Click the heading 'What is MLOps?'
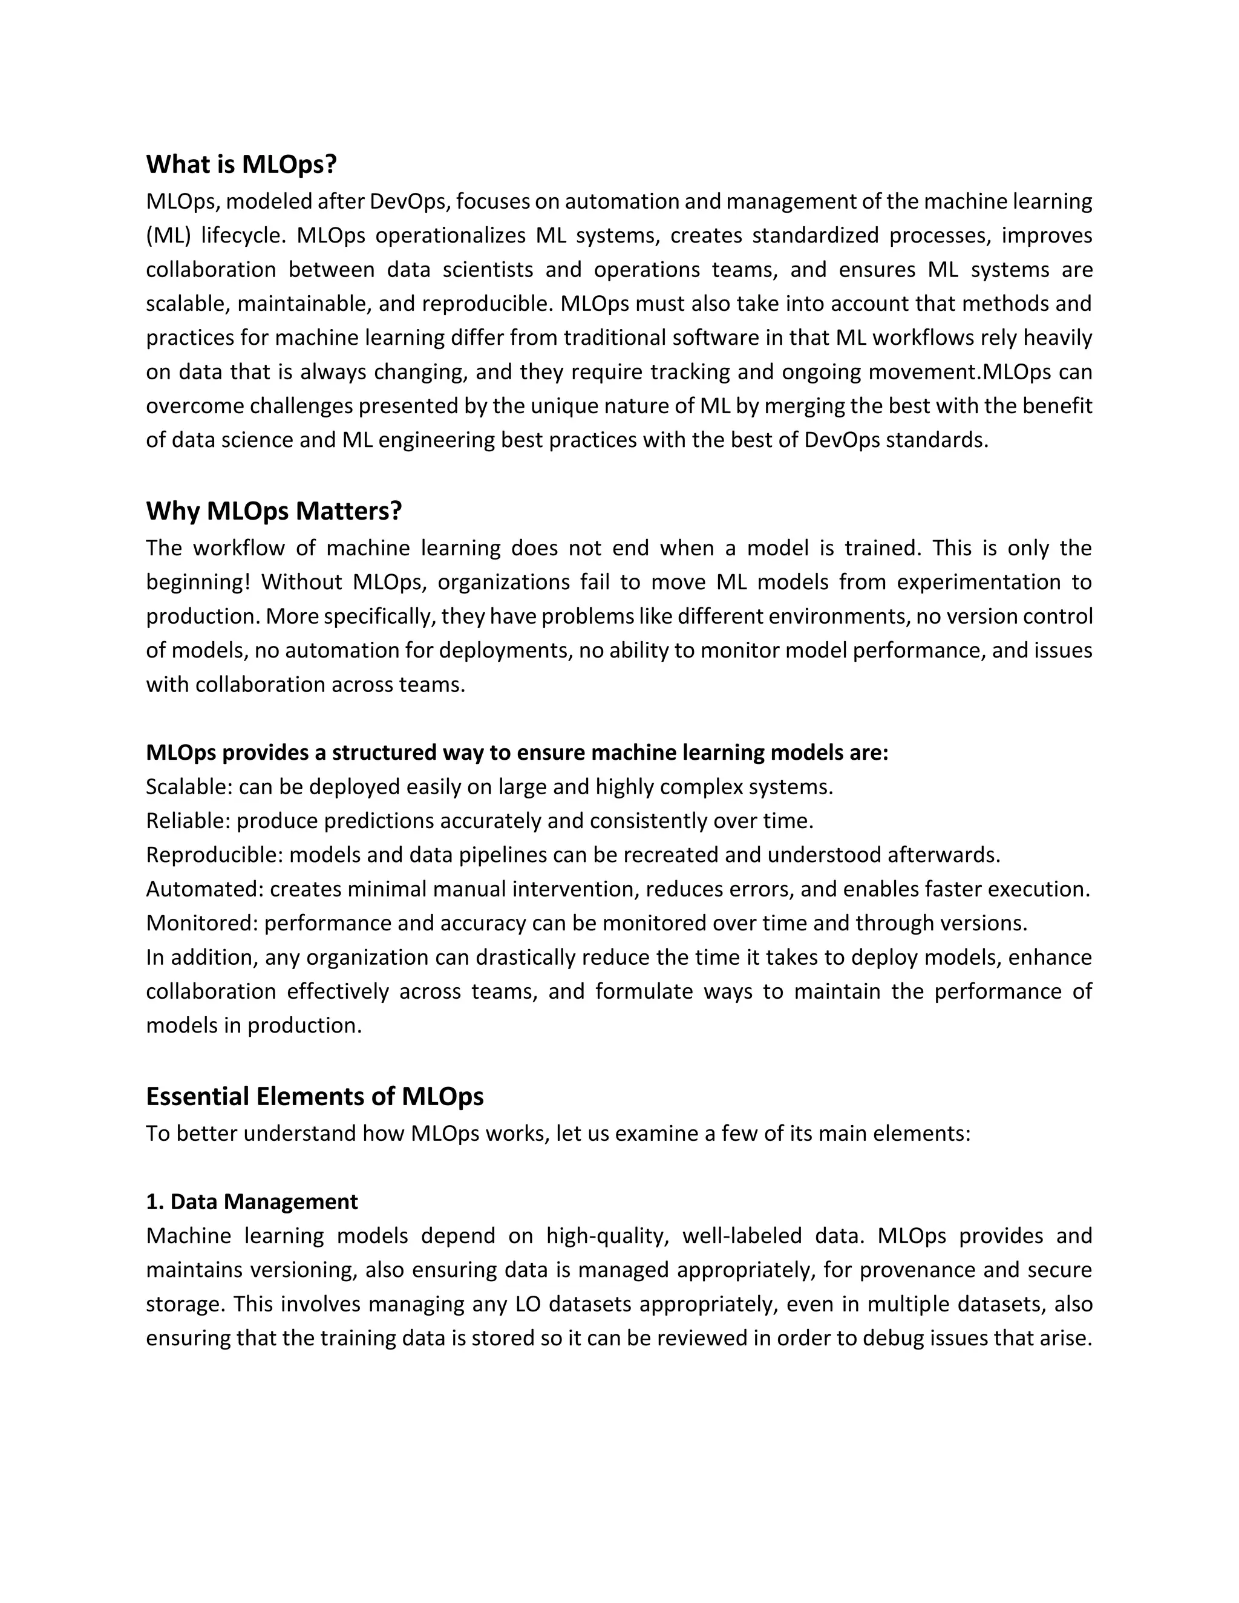[x=241, y=165]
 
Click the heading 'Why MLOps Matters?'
[x=274, y=511]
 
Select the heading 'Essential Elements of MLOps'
[x=314, y=1096]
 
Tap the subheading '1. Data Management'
[x=252, y=1201]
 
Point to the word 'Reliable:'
[x=188, y=821]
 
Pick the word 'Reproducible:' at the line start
[x=214, y=855]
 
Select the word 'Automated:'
[x=204, y=889]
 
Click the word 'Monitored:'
[x=202, y=922]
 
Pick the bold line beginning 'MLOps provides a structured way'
[x=517, y=753]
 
